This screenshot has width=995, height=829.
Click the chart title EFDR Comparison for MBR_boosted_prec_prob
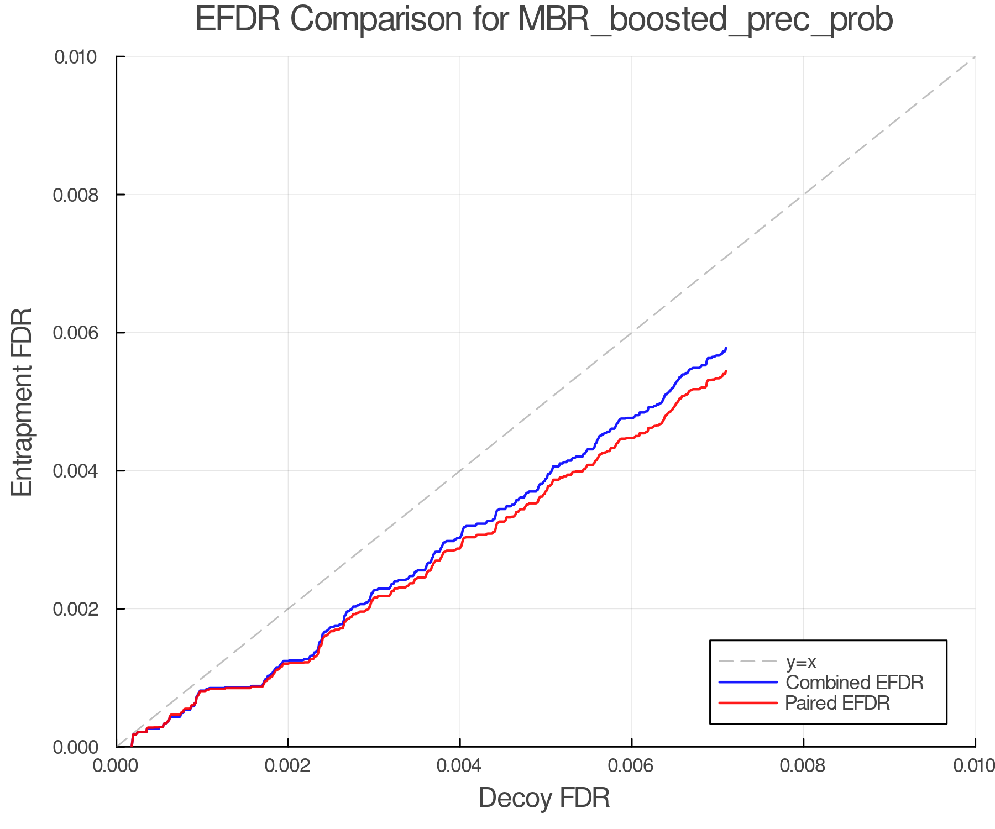544,20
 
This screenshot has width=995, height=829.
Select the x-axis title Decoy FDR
544,798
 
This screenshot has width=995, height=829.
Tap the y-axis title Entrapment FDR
22,402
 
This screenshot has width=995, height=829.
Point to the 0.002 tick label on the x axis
288,765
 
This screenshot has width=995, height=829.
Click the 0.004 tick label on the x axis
460,765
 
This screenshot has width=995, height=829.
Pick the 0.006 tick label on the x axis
631,765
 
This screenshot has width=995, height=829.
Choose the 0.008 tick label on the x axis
803,765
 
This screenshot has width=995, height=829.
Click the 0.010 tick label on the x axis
974,765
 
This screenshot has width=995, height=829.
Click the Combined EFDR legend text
855,683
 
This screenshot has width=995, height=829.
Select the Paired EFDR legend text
837,703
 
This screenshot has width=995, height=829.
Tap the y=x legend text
801,662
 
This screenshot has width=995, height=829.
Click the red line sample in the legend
748,703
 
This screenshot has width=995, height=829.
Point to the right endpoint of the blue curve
726,348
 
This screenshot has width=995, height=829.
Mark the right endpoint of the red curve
726,371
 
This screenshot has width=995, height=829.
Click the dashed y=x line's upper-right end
974,57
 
